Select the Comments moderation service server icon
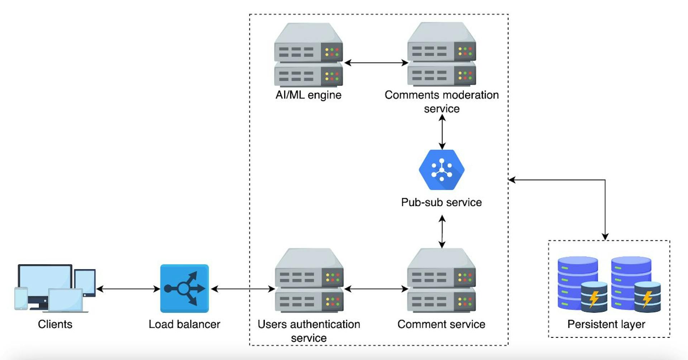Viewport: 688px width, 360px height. coord(441,54)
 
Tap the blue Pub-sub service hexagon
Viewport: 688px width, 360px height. coord(442,170)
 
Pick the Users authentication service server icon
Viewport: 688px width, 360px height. coord(309,280)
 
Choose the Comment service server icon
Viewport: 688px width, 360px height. coord(441,280)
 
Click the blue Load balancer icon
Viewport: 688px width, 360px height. coord(184,288)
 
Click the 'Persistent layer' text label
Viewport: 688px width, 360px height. coord(606,324)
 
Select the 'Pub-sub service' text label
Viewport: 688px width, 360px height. coord(441,202)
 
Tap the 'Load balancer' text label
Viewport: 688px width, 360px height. coord(184,324)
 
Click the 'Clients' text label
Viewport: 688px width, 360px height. coord(55,324)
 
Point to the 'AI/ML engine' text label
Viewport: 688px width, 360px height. coord(309,95)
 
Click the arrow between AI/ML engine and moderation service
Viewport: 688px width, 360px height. coord(376,63)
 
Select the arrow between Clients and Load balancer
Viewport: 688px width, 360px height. coord(128,289)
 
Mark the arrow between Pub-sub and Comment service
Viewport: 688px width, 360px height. coord(442,231)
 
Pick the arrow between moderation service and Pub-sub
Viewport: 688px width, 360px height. coord(442,132)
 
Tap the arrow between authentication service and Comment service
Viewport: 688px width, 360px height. coord(376,289)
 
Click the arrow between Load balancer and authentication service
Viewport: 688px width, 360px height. coord(243,289)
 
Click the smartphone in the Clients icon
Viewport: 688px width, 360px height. coord(21,298)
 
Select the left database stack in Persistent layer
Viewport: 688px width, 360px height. coord(577,283)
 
